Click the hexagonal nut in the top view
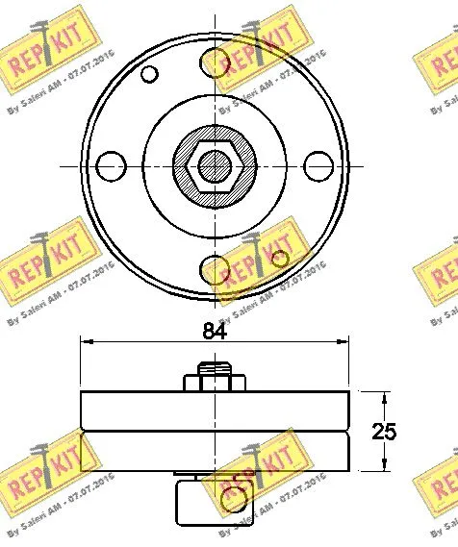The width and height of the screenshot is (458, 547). [x=214, y=165]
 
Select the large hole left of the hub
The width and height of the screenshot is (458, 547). [x=114, y=165]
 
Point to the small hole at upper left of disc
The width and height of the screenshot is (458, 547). [x=148, y=74]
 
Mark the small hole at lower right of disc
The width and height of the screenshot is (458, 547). [x=280, y=258]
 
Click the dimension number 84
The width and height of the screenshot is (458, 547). [x=215, y=331]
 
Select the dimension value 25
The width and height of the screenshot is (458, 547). [x=385, y=432]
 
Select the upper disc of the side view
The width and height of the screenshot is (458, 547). [x=213, y=410]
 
